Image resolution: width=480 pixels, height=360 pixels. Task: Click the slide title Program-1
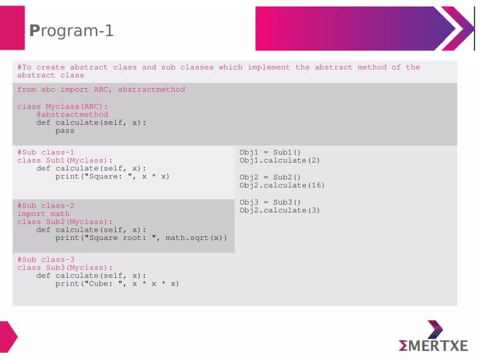pyautogui.click(x=71, y=31)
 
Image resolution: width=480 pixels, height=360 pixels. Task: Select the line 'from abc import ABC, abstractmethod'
pyautogui.click(x=101, y=90)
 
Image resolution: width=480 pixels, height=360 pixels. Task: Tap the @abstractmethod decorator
pyautogui.click(x=72, y=114)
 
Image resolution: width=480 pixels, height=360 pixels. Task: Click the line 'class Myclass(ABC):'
pyautogui.click(x=62, y=106)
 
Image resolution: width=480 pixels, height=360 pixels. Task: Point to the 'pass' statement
pyautogui.click(x=65, y=130)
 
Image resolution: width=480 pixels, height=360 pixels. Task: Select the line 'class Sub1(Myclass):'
pyautogui.click(x=65, y=160)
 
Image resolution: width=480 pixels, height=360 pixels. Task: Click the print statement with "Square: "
pyautogui.click(x=112, y=176)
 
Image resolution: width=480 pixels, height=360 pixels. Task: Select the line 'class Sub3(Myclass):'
pyautogui.click(x=65, y=268)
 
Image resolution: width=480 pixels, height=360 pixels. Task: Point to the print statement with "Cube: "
pyautogui.click(x=117, y=284)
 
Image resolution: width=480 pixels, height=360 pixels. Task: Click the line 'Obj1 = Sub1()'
pyautogui.click(x=270, y=152)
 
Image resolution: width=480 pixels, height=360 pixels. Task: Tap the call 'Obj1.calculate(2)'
pyautogui.click(x=280, y=160)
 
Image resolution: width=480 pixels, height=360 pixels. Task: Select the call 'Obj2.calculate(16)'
pyautogui.click(x=282, y=185)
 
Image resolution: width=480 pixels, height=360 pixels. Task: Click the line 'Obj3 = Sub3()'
pyautogui.click(x=270, y=202)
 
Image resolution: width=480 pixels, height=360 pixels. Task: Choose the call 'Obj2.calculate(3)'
pyautogui.click(x=280, y=210)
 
